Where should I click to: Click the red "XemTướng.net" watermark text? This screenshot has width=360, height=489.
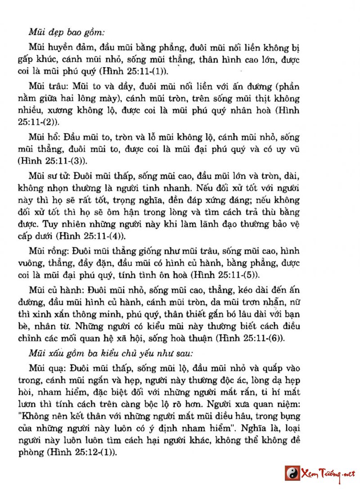coord(329,474)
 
